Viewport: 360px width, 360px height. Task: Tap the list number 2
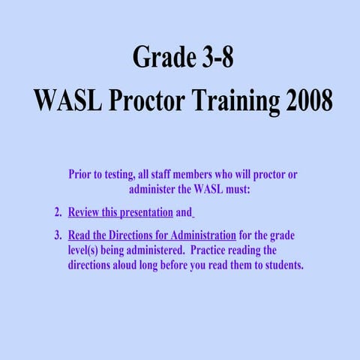tap(58, 211)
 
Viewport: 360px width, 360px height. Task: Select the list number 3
tap(58, 234)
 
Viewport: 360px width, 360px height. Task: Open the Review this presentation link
tap(120, 211)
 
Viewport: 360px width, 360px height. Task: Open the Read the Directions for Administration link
tap(151, 234)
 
